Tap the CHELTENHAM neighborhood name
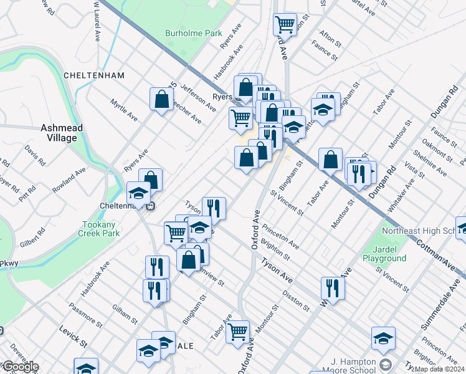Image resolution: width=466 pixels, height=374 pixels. click(94, 75)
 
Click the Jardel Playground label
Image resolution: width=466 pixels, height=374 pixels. click(385, 254)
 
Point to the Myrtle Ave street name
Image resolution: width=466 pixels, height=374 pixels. click(123, 109)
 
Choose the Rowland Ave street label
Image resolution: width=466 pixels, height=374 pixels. click(69, 180)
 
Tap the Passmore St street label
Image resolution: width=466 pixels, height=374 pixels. click(86, 314)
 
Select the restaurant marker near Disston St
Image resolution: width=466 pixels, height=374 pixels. click(333, 288)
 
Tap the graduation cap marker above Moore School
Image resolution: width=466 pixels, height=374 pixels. click(383, 338)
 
